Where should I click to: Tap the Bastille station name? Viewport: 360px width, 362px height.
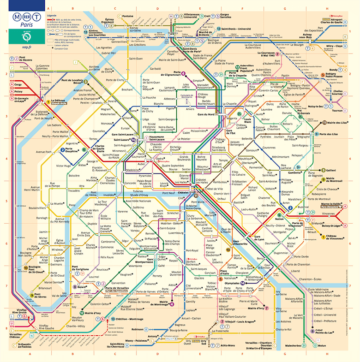239,202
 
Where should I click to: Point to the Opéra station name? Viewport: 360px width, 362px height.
160,158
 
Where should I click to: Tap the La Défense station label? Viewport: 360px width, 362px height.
58,101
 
